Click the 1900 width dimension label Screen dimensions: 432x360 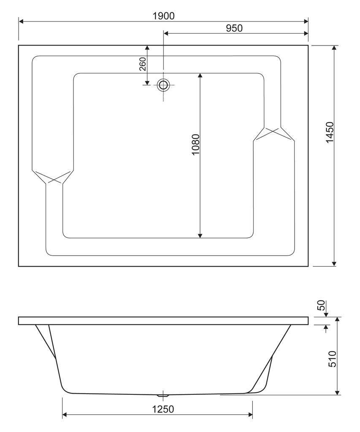point(163,16)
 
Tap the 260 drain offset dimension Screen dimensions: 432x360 point(143,64)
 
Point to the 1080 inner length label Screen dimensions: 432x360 point(195,145)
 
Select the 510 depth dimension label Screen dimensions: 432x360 point(333,359)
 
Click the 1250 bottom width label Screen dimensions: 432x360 point(163,409)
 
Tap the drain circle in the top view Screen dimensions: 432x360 point(163,85)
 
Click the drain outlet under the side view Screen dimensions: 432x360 point(162,396)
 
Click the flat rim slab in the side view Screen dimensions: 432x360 point(163,321)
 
